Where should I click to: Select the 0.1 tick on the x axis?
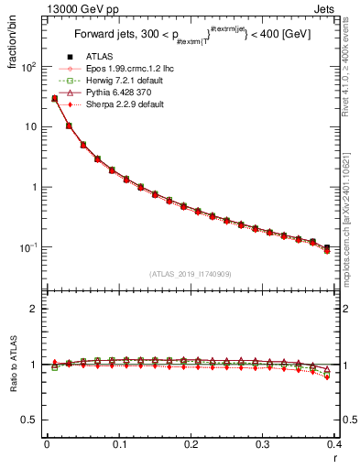point(119,444)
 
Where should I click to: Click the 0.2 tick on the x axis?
point(191,444)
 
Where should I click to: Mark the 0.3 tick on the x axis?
point(264,444)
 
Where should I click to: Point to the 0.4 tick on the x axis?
point(335,444)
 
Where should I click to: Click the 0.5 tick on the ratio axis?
point(32,420)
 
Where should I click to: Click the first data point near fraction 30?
point(54,98)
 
